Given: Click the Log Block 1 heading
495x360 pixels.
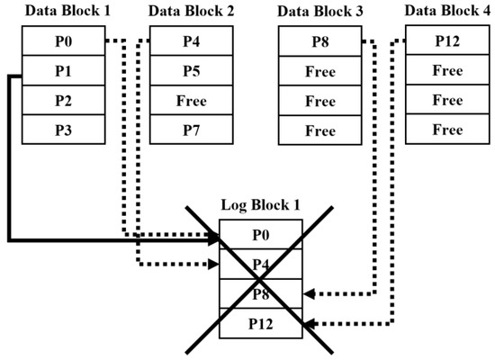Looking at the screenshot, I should click(x=261, y=205).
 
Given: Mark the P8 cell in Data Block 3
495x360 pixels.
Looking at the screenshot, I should click(x=319, y=41).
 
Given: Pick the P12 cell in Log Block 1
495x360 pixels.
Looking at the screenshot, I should click(x=261, y=323).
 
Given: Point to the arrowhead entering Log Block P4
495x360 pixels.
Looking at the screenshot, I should click(x=215, y=265).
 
